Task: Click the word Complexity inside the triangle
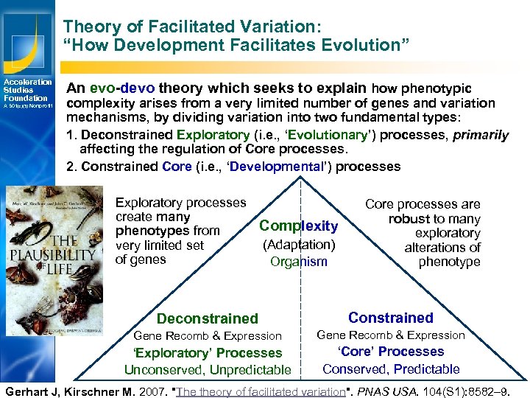coord(298,226)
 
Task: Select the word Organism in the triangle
coord(298,262)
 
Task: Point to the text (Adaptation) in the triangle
coord(298,244)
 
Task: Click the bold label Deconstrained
coord(208,318)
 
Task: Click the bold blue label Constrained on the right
coord(390,318)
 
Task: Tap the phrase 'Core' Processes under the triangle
coord(391,352)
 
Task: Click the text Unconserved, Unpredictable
coord(208,370)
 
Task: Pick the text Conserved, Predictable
coord(391,369)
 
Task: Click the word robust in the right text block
coord(409,219)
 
